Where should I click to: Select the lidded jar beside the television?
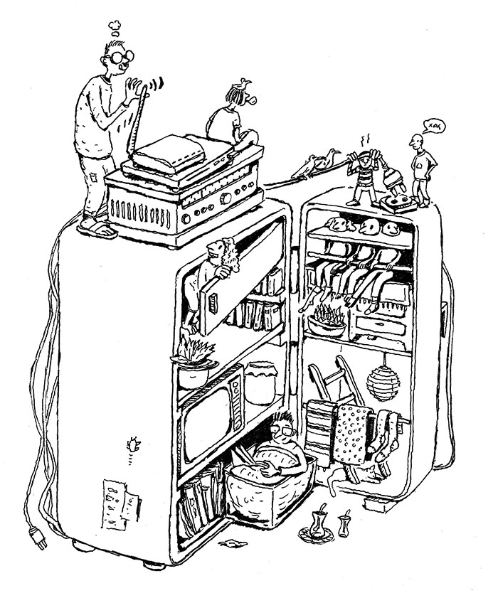(260, 383)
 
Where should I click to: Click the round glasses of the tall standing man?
(122, 56)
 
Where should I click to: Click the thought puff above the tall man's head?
(114, 26)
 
